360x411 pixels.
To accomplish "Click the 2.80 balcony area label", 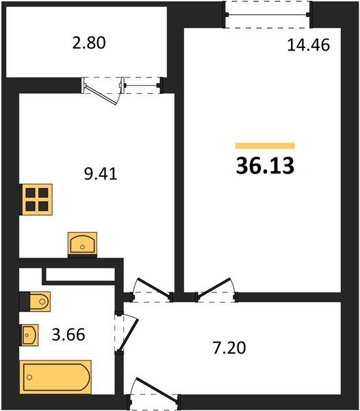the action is [89, 43].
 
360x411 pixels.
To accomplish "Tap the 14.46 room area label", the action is [309, 45].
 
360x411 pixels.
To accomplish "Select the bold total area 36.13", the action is [265, 166].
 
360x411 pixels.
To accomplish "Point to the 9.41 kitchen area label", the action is [101, 173].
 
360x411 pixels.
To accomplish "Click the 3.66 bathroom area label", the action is [68, 334].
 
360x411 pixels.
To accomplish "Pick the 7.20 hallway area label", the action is [229, 348].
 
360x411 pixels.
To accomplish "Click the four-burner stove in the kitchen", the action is [37, 200].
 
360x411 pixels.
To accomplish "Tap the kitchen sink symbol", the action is [82, 244].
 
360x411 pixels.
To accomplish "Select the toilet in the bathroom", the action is [36, 301].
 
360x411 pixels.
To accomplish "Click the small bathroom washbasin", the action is [30, 335].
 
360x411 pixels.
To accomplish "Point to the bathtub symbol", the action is [55, 377].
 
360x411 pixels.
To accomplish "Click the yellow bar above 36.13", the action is [265, 146].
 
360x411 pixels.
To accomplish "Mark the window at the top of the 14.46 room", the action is [268, 14].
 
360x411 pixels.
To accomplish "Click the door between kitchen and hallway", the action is [152, 291].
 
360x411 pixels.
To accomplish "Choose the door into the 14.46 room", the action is [217, 290].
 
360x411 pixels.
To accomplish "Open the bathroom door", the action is [127, 333].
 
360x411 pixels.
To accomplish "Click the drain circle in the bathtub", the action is [29, 377].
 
